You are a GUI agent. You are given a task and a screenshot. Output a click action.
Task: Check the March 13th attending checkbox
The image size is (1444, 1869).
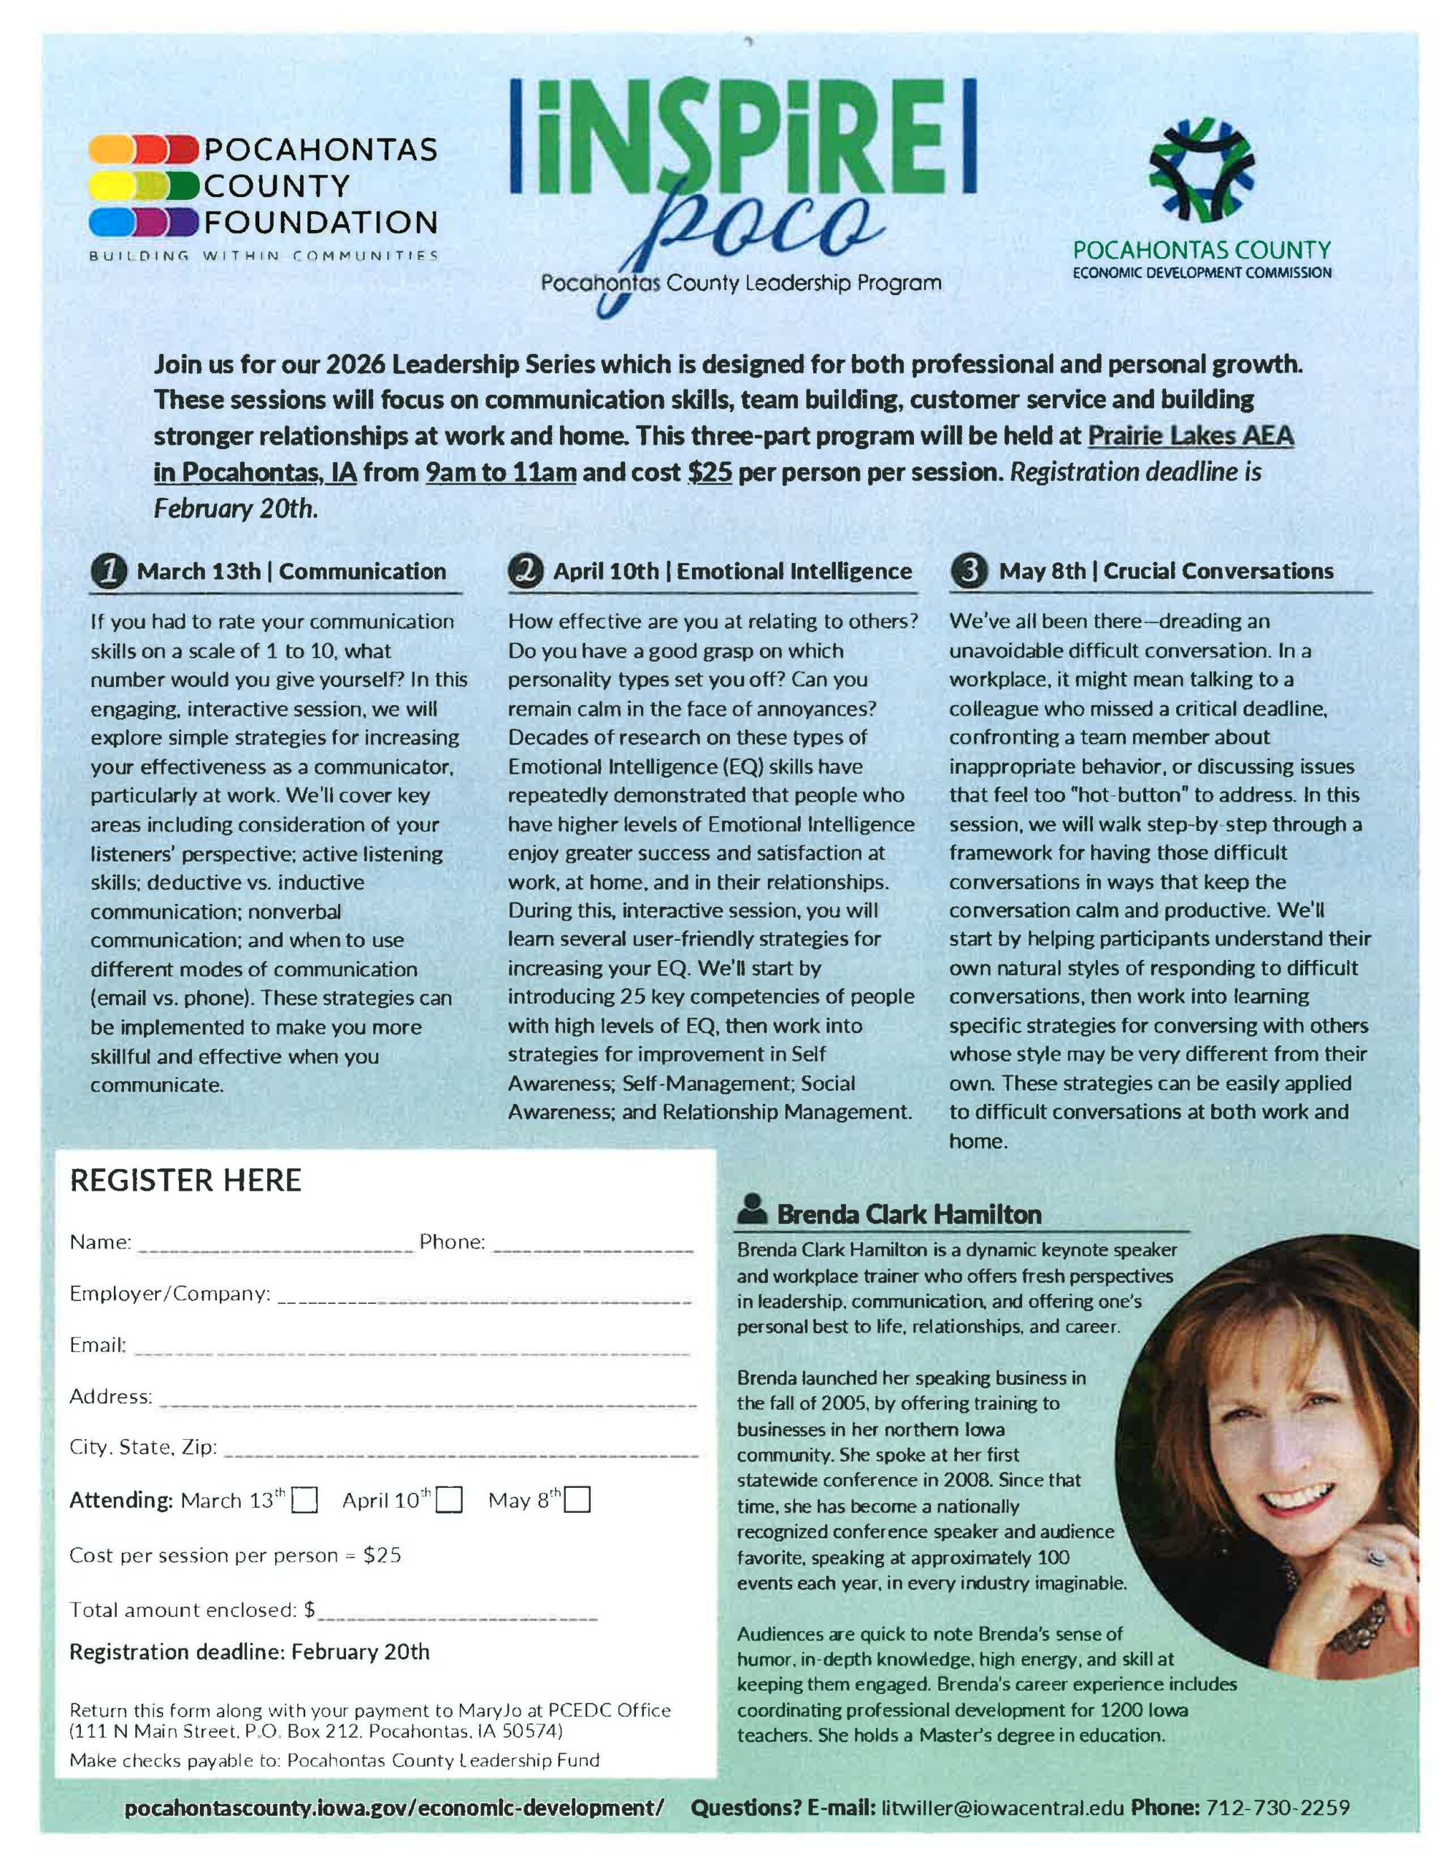[x=304, y=1500]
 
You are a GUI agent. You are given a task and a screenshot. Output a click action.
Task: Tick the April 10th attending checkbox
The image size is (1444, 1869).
[x=450, y=1500]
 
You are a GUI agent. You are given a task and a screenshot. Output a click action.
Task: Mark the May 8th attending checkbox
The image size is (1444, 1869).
[x=577, y=1500]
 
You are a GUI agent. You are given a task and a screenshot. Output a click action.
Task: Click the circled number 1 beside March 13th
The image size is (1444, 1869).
[x=109, y=572]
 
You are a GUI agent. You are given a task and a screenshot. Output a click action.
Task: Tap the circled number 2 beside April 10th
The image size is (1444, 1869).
[x=526, y=572]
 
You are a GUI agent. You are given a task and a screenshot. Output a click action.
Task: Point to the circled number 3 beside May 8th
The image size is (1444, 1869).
[x=968, y=572]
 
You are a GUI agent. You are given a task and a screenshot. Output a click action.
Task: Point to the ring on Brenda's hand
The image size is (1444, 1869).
[x=1375, y=1557]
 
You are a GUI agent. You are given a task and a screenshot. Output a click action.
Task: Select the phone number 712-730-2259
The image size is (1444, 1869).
[x=1277, y=1808]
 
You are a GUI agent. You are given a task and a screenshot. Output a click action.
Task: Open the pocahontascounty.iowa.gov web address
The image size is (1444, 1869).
[x=393, y=1808]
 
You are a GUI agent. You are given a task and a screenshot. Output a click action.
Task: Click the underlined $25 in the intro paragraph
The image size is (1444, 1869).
[x=710, y=472]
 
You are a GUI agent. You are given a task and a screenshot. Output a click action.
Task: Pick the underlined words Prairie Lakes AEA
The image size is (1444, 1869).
[x=1190, y=436]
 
